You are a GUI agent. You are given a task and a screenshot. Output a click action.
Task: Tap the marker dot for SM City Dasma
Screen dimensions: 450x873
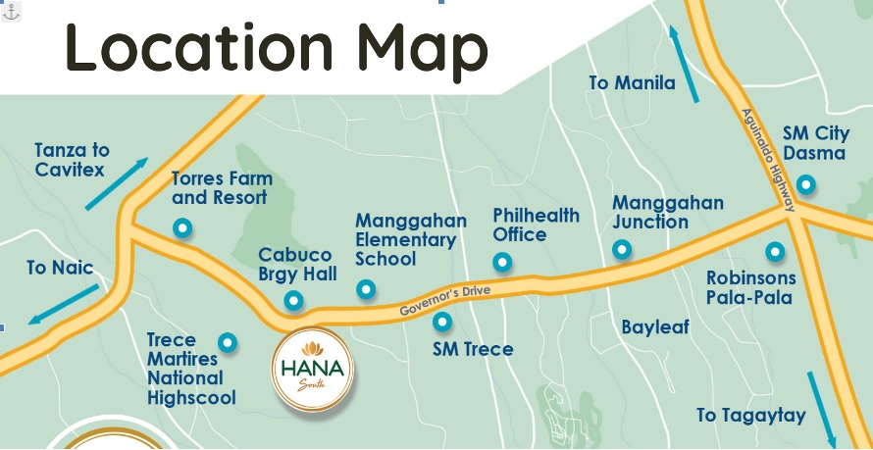(805, 183)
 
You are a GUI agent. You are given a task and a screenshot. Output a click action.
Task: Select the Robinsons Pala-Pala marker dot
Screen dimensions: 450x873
(775, 252)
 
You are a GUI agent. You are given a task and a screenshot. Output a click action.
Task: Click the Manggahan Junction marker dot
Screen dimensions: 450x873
(622, 250)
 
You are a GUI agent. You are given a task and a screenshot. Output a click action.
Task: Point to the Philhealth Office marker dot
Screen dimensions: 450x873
(502, 262)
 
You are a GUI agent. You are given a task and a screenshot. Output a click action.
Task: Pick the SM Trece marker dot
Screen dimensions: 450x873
(442, 321)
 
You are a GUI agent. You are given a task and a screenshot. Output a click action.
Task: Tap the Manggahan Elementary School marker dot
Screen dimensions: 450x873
(366, 289)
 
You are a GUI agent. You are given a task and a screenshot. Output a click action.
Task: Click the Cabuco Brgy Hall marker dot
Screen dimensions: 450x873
(292, 301)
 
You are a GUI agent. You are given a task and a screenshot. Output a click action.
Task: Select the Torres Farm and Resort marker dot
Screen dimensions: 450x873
(181, 228)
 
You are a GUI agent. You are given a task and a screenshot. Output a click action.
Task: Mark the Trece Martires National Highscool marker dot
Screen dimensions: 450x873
(228, 342)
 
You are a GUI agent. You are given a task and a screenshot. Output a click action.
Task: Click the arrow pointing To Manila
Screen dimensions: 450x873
(684, 64)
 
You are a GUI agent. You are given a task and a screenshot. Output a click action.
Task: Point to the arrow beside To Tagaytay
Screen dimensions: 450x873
(822, 407)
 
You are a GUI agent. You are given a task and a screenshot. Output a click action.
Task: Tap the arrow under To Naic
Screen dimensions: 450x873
(65, 304)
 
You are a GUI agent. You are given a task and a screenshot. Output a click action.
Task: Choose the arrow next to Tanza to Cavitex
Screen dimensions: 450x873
(116, 183)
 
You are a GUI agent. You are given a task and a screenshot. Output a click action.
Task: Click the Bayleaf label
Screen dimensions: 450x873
(655, 326)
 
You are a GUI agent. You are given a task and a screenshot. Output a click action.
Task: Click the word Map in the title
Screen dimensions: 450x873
(422, 46)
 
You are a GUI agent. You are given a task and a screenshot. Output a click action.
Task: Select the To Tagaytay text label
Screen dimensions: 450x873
(750, 415)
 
